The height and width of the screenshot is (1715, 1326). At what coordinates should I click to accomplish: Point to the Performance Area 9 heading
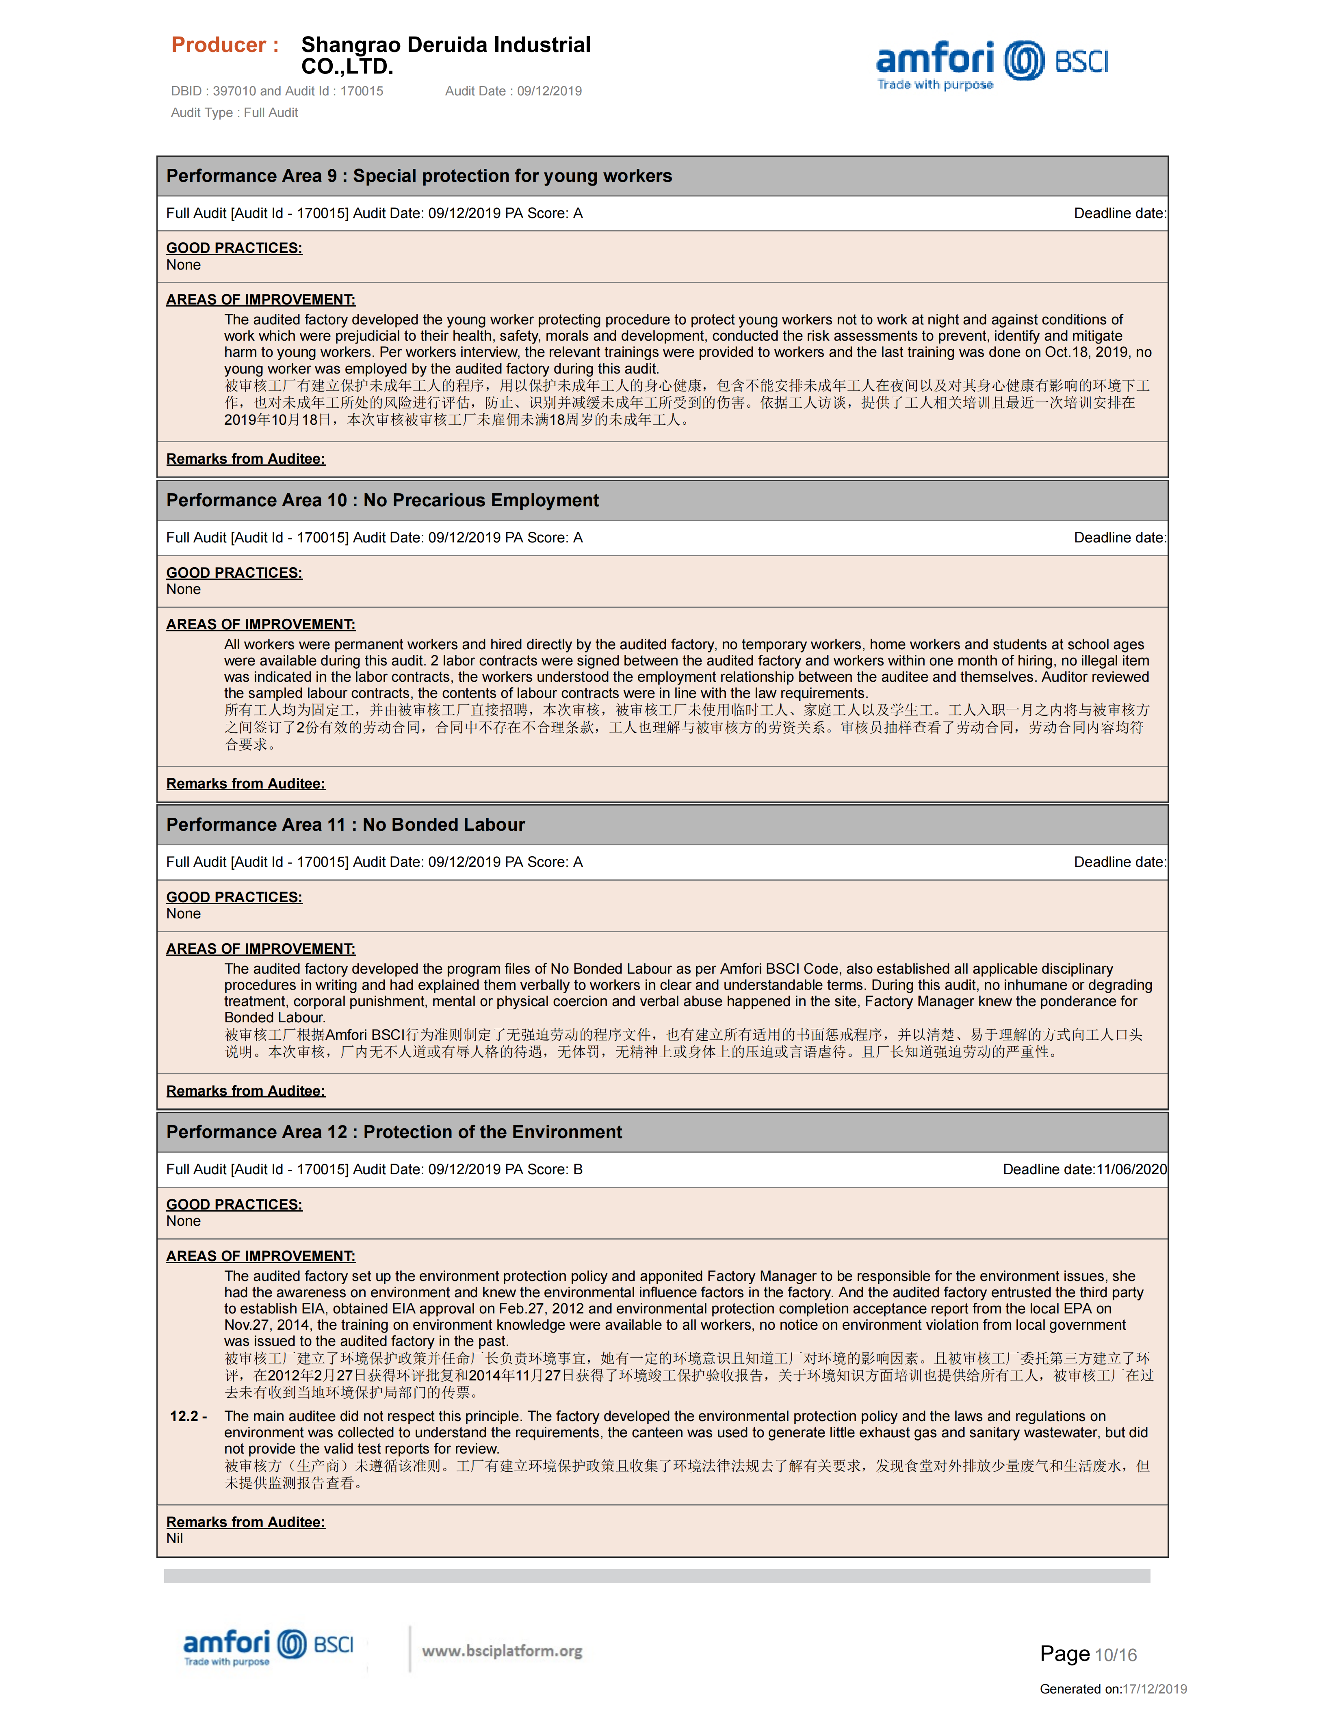[x=419, y=176]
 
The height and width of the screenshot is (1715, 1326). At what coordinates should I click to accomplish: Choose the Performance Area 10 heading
[x=382, y=500]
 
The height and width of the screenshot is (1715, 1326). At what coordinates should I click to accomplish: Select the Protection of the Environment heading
[x=492, y=1132]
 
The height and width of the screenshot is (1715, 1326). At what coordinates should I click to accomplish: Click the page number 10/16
[x=1116, y=1655]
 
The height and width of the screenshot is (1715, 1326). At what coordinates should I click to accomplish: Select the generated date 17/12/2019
[x=1154, y=1689]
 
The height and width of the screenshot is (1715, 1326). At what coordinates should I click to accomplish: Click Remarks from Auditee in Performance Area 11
[x=245, y=1091]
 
